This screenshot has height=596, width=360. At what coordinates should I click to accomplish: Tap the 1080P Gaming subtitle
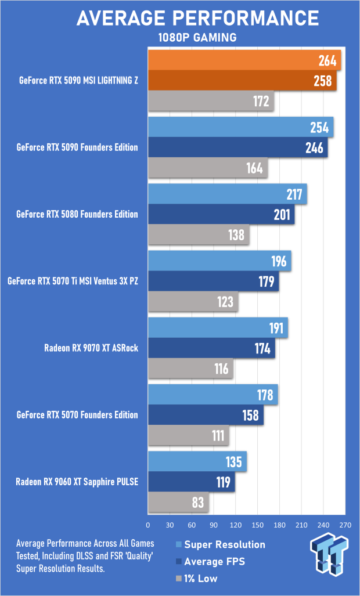(x=197, y=38)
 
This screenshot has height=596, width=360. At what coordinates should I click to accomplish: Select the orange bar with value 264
(x=244, y=60)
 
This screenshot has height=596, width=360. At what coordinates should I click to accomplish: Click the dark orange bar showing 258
(x=242, y=81)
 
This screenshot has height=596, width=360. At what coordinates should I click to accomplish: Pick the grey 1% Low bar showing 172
(x=211, y=102)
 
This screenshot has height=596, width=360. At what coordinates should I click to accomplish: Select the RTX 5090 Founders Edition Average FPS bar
(x=237, y=147)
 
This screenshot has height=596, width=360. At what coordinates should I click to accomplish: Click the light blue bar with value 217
(x=227, y=194)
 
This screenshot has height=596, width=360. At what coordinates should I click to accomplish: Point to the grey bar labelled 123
(x=193, y=302)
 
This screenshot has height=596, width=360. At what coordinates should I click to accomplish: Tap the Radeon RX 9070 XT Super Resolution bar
(x=218, y=328)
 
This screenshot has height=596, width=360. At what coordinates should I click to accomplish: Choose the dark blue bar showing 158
(x=206, y=415)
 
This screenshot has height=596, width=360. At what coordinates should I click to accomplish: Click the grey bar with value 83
(x=178, y=503)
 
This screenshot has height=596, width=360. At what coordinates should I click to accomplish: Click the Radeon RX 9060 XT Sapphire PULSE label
(x=77, y=482)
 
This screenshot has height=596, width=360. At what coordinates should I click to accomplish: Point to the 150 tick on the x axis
(x=257, y=525)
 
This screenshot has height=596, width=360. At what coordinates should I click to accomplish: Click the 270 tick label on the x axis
(x=345, y=525)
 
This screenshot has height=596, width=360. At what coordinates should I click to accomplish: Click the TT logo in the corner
(x=329, y=557)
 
